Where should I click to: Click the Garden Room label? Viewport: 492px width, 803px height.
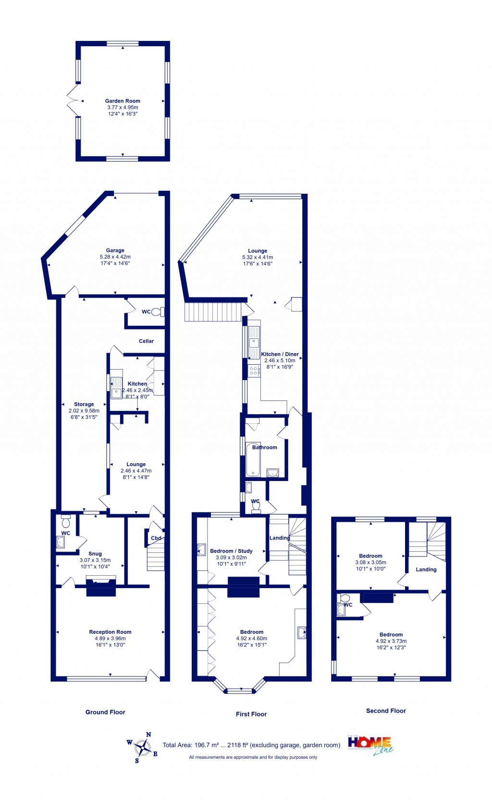click(x=123, y=101)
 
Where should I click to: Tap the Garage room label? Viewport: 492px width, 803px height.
click(x=115, y=250)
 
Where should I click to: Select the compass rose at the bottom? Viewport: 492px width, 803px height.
click(x=143, y=747)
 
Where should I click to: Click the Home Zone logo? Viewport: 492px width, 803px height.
click(x=370, y=745)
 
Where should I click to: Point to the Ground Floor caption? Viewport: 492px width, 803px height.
click(x=105, y=712)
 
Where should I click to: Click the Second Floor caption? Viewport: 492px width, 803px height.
click(x=386, y=711)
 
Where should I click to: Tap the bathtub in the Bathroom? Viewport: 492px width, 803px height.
click(x=253, y=460)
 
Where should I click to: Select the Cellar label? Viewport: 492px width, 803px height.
click(x=146, y=341)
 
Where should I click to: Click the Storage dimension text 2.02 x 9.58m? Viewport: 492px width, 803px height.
click(x=84, y=411)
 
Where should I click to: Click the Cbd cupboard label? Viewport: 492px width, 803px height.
click(x=156, y=538)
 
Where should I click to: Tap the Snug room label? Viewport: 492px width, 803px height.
click(x=95, y=554)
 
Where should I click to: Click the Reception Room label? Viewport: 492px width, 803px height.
click(x=110, y=632)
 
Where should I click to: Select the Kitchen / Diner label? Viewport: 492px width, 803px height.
click(x=280, y=354)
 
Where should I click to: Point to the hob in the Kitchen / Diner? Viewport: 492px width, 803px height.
click(x=254, y=371)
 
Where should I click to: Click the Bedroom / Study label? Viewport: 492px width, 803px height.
click(x=231, y=551)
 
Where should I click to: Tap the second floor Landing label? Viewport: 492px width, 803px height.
click(x=426, y=569)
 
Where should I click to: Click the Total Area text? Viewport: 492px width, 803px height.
click(x=251, y=745)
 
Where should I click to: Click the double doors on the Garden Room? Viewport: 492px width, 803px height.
click(x=72, y=100)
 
